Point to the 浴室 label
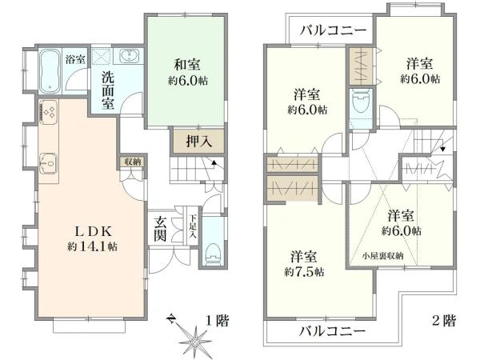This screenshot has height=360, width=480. coord(75,58)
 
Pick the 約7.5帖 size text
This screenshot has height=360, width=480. coord(304,271)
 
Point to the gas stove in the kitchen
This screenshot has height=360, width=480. coord(47,113)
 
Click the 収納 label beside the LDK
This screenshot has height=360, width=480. coord(133,162)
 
